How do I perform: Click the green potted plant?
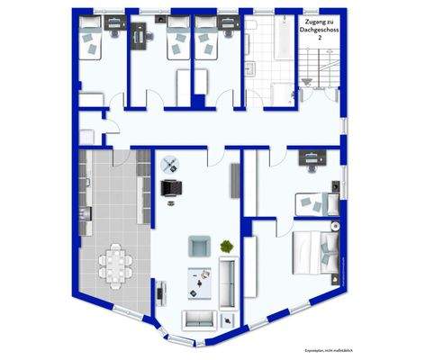[225, 244]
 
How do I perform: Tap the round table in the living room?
[170, 165]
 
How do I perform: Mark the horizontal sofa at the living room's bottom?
[199, 318]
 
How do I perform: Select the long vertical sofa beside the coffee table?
[228, 281]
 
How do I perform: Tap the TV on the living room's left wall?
[159, 292]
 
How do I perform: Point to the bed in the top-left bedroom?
[93, 40]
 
